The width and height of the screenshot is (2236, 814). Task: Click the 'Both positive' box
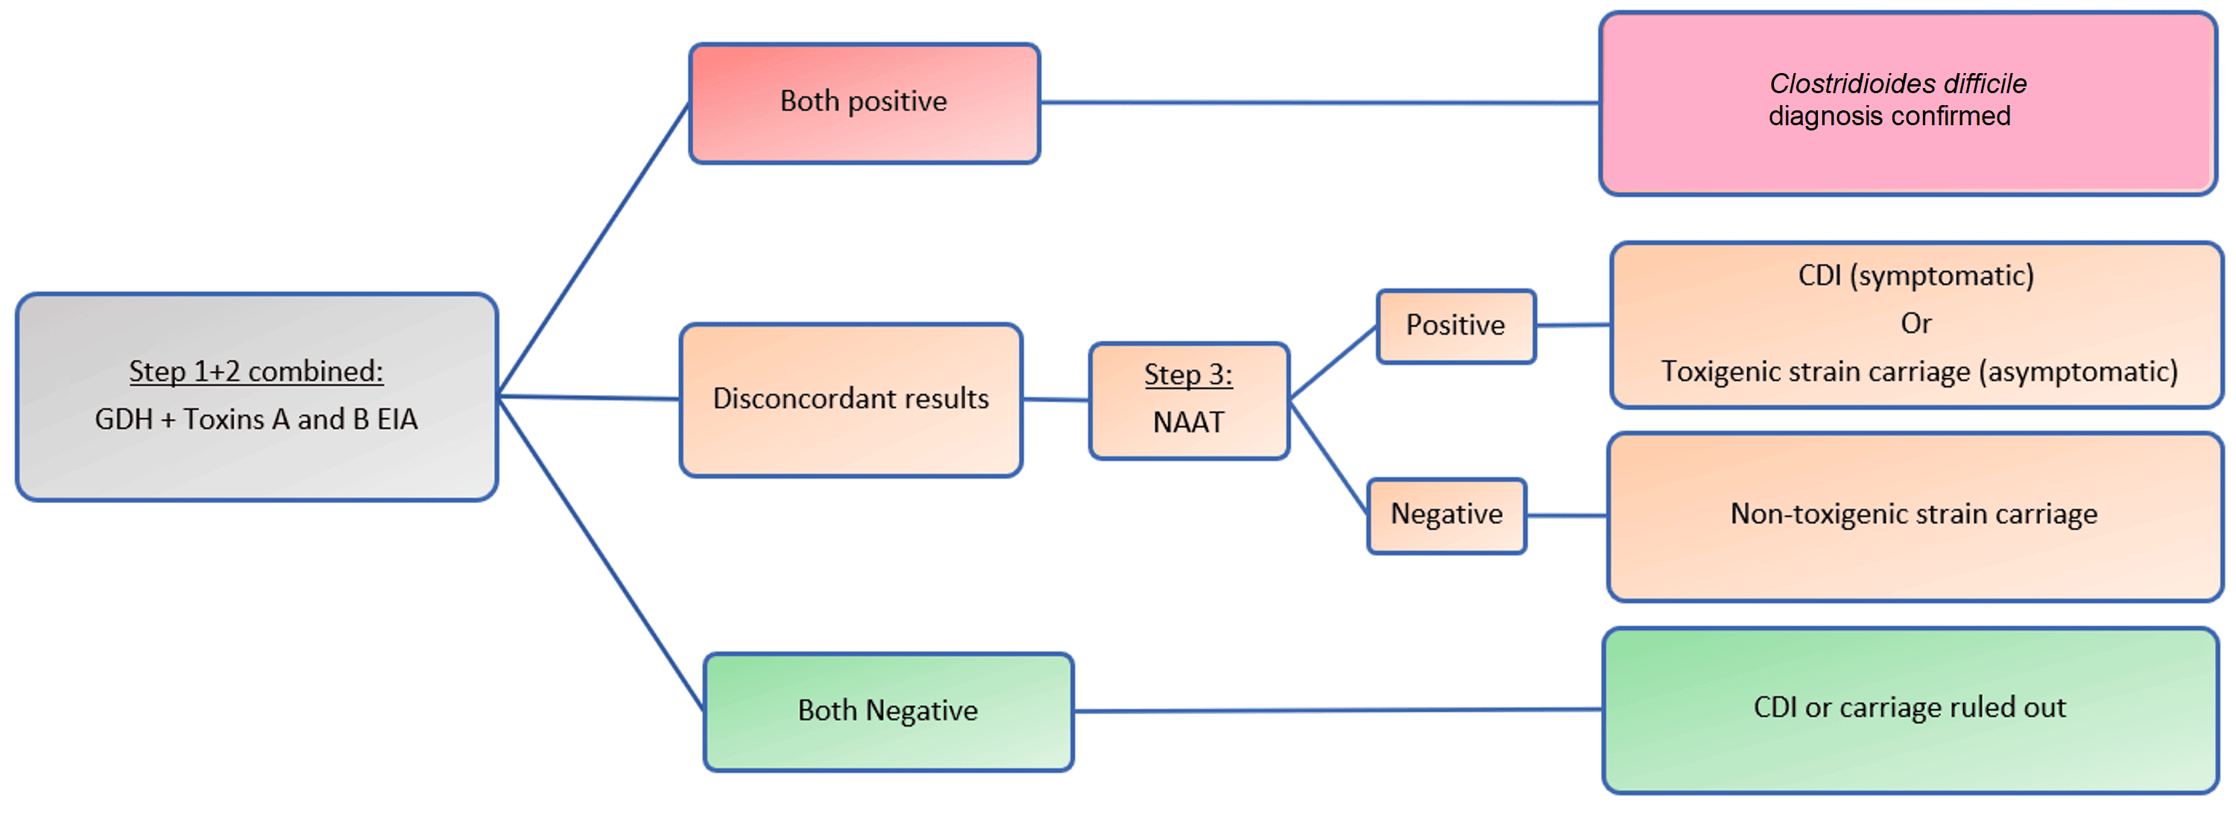864,102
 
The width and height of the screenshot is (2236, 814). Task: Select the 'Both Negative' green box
887,710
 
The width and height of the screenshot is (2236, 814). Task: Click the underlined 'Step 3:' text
1187,375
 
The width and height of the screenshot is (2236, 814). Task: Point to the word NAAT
1187,423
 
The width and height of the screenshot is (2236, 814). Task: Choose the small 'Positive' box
1455,326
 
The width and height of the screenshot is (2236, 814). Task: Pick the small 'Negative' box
1446,514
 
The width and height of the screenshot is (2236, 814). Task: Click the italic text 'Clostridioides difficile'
1898,83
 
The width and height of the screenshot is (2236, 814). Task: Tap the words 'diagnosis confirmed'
1889,116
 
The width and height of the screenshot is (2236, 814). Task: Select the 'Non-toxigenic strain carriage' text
1913,514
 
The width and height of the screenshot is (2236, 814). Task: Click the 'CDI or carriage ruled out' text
1909,708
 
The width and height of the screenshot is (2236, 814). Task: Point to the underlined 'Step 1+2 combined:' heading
256,371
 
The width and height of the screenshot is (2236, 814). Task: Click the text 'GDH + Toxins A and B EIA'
256,420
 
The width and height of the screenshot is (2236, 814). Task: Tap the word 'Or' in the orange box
1916,324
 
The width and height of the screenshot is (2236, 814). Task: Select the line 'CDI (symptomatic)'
1916,276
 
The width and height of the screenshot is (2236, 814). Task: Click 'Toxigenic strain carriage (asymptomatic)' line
1918,372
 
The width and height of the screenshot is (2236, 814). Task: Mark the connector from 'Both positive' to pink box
1319,102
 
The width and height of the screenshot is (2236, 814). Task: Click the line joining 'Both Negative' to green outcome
1336,710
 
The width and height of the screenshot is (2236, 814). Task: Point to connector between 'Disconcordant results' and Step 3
1055,400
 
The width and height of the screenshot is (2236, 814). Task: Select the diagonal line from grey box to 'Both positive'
594,250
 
